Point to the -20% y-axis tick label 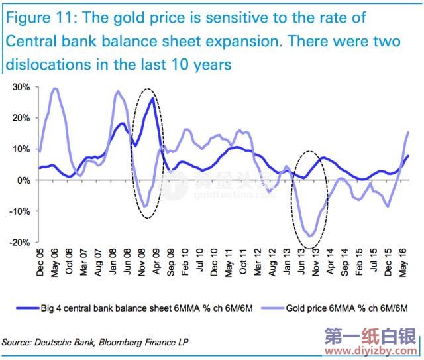tap(20, 243)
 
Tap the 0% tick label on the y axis tap(24, 180)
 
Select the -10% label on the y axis tap(20, 211)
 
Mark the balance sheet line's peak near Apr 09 tap(153, 98)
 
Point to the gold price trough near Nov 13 tap(310, 235)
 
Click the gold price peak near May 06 tap(55, 88)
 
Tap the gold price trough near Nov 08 tap(144, 206)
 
